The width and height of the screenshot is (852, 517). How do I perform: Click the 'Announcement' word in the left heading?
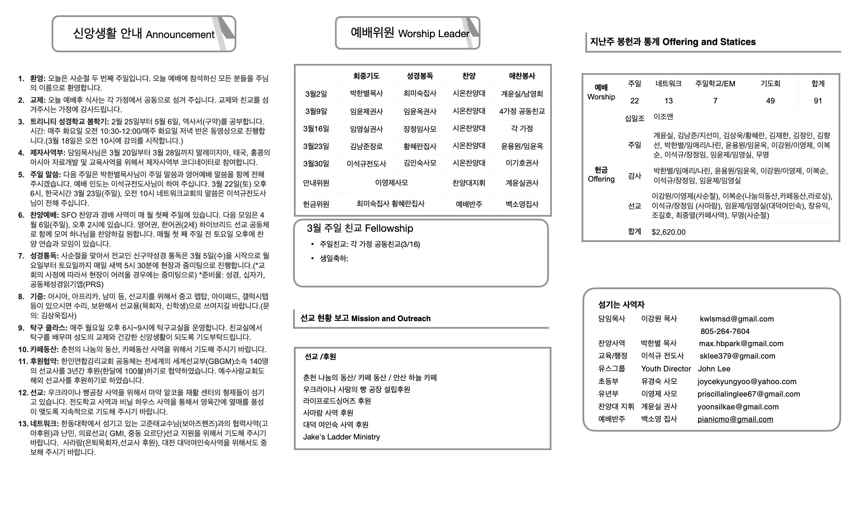click(x=180, y=35)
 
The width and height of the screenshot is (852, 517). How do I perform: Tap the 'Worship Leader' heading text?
click(x=434, y=33)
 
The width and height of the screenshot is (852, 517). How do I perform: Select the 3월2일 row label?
click(x=316, y=94)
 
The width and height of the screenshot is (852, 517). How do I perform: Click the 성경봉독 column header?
click(x=419, y=76)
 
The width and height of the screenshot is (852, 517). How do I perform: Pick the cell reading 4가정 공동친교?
click(x=522, y=111)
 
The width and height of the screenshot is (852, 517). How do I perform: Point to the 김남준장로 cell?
click(x=366, y=146)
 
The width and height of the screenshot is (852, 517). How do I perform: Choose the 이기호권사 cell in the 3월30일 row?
click(x=522, y=163)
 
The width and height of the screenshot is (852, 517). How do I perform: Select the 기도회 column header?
click(x=770, y=83)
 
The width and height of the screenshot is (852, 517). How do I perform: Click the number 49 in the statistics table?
click(x=770, y=101)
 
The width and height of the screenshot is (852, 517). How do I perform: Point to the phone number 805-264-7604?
click(x=725, y=331)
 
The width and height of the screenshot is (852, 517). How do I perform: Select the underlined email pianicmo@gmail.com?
click(x=735, y=419)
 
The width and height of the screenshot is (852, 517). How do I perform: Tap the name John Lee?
click(x=714, y=369)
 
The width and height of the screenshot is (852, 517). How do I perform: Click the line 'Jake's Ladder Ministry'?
click(x=341, y=437)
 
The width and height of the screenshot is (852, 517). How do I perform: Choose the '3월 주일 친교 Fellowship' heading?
click(x=360, y=228)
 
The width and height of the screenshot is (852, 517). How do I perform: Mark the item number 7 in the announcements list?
click(x=21, y=256)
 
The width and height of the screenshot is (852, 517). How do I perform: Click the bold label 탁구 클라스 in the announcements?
click(x=49, y=328)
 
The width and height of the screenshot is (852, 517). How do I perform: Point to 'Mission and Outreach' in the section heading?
click(x=391, y=318)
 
